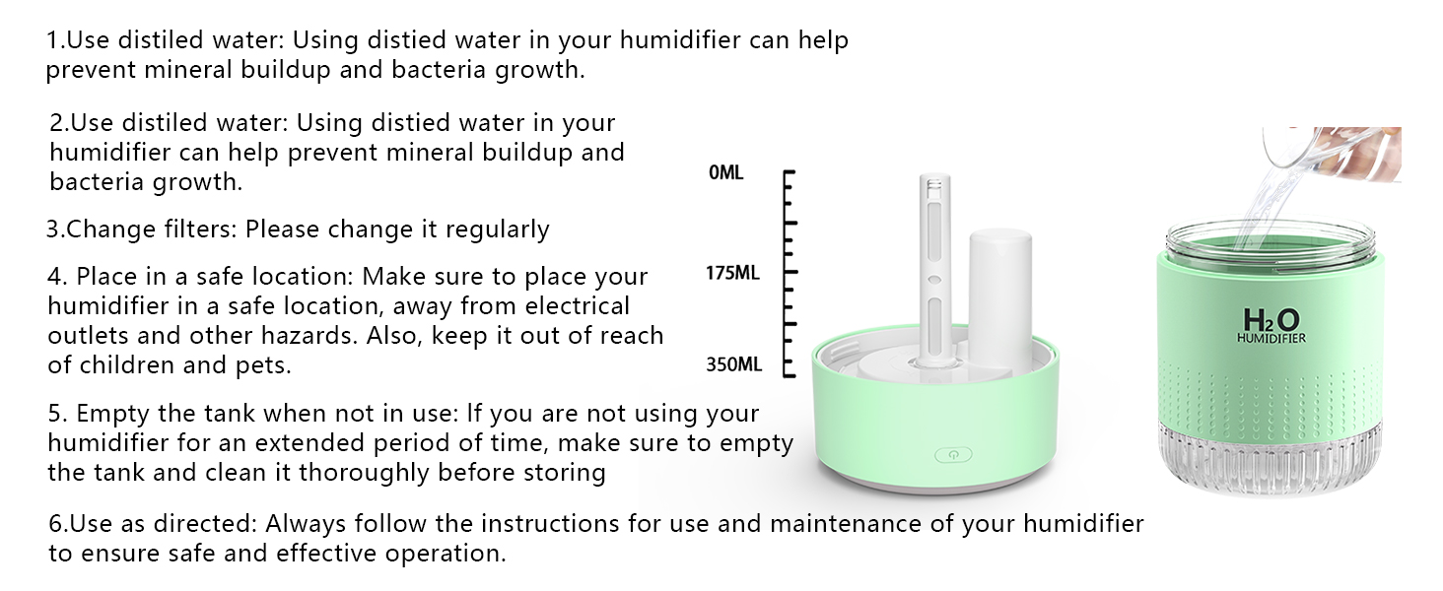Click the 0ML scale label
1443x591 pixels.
(x=726, y=173)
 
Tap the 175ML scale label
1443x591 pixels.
(x=732, y=273)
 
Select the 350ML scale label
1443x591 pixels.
(x=733, y=364)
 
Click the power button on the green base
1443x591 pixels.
(x=953, y=455)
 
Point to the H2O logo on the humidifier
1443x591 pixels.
(x=1271, y=320)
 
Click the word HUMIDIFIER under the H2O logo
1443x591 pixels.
(x=1271, y=339)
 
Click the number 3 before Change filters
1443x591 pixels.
(x=54, y=230)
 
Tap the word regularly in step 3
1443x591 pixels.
(x=497, y=230)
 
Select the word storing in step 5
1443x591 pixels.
(x=561, y=472)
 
